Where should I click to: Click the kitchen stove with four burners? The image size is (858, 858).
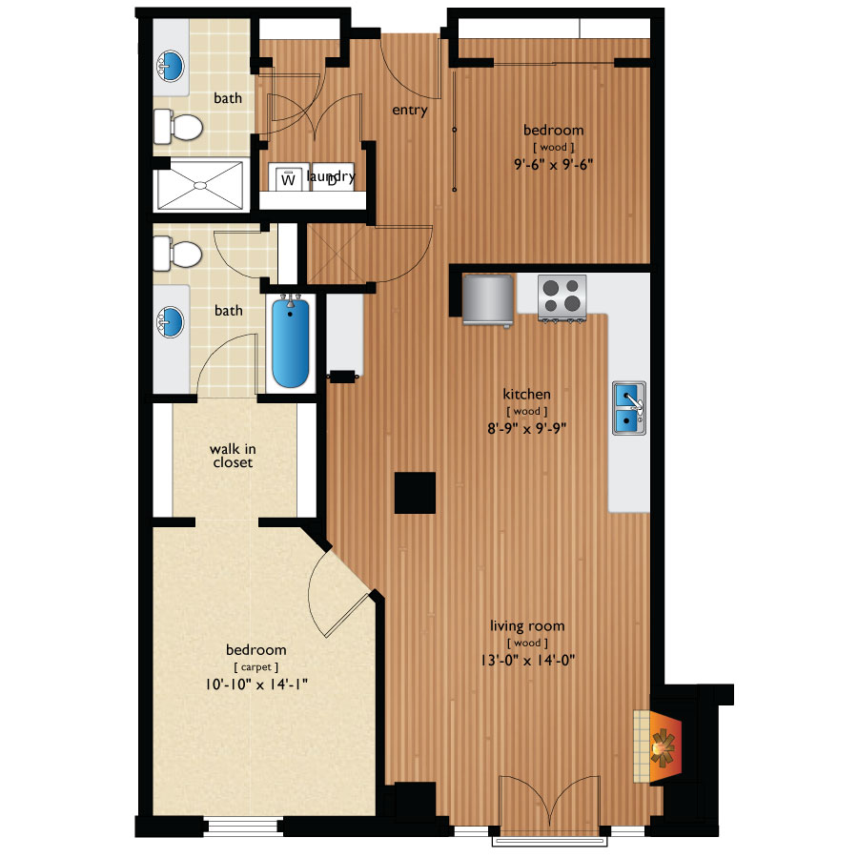tap(562, 297)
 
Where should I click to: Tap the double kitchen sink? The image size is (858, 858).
tap(629, 408)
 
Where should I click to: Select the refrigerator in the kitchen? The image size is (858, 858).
tap(487, 300)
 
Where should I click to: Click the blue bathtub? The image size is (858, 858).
tap(291, 341)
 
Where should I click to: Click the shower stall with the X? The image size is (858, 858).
tap(200, 185)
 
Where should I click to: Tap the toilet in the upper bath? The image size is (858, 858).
tap(178, 126)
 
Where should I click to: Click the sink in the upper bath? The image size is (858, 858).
tap(171, 66)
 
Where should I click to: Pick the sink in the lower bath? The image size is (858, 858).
tap(171, 322)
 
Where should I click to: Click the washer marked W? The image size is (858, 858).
tap(288, 176)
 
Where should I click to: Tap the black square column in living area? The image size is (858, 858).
tap(416, 493)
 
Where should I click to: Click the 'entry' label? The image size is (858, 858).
tap(410, 110)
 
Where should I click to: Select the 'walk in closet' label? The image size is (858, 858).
tap(233, 456)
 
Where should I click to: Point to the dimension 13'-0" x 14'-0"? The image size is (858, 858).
tap(527, 661)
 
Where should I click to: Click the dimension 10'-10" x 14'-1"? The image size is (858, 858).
tap(256, 684)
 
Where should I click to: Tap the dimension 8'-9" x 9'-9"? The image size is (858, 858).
tap(527, 428)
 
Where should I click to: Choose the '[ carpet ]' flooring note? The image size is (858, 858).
tap(256, 667)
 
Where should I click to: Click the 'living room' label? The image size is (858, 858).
tap(527, 626)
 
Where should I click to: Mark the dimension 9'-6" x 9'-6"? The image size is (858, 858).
tap(554, 164)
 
